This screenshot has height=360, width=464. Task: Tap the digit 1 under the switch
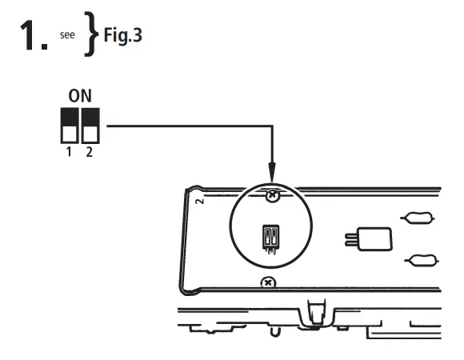point(70,151)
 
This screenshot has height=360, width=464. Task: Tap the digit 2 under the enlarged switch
point(89,151)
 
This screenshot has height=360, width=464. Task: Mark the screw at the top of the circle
point(273,194)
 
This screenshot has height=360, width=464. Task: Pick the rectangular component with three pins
point(375,238)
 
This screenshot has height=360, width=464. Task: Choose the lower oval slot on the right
point(420,258)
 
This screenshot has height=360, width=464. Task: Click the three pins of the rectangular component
point(352,238)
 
